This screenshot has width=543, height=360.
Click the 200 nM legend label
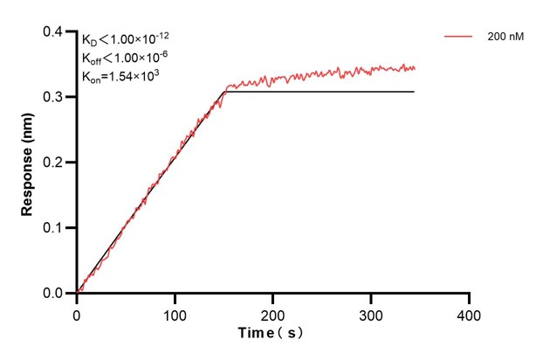pyautogui.click(x=506, y=38)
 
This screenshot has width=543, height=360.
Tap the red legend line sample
pyautogui.click(x=460, y=38)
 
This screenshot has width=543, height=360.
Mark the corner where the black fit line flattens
pyautogui.click(x=225, y=92)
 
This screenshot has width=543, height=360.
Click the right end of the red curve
pyautogui.click(x=415, y=68)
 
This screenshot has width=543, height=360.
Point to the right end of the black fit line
pyautogui.click(x=414, y=92)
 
